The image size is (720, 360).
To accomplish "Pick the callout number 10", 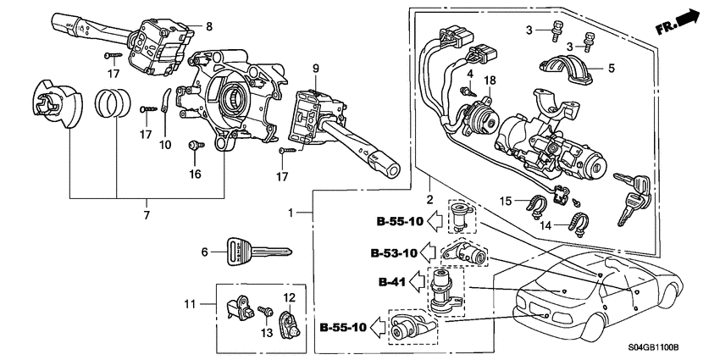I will point(166,145).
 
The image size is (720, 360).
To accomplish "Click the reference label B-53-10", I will point(393,252).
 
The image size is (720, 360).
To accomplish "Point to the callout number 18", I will point(489,80).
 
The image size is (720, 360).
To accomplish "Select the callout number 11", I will point(190,302).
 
